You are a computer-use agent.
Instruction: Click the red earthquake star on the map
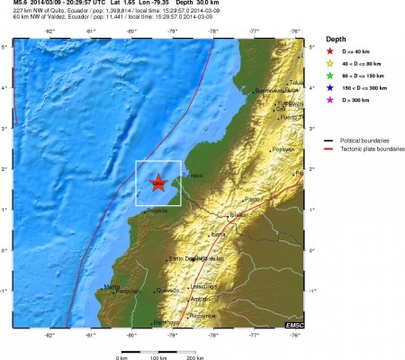158,183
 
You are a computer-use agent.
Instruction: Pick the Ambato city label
201,298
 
